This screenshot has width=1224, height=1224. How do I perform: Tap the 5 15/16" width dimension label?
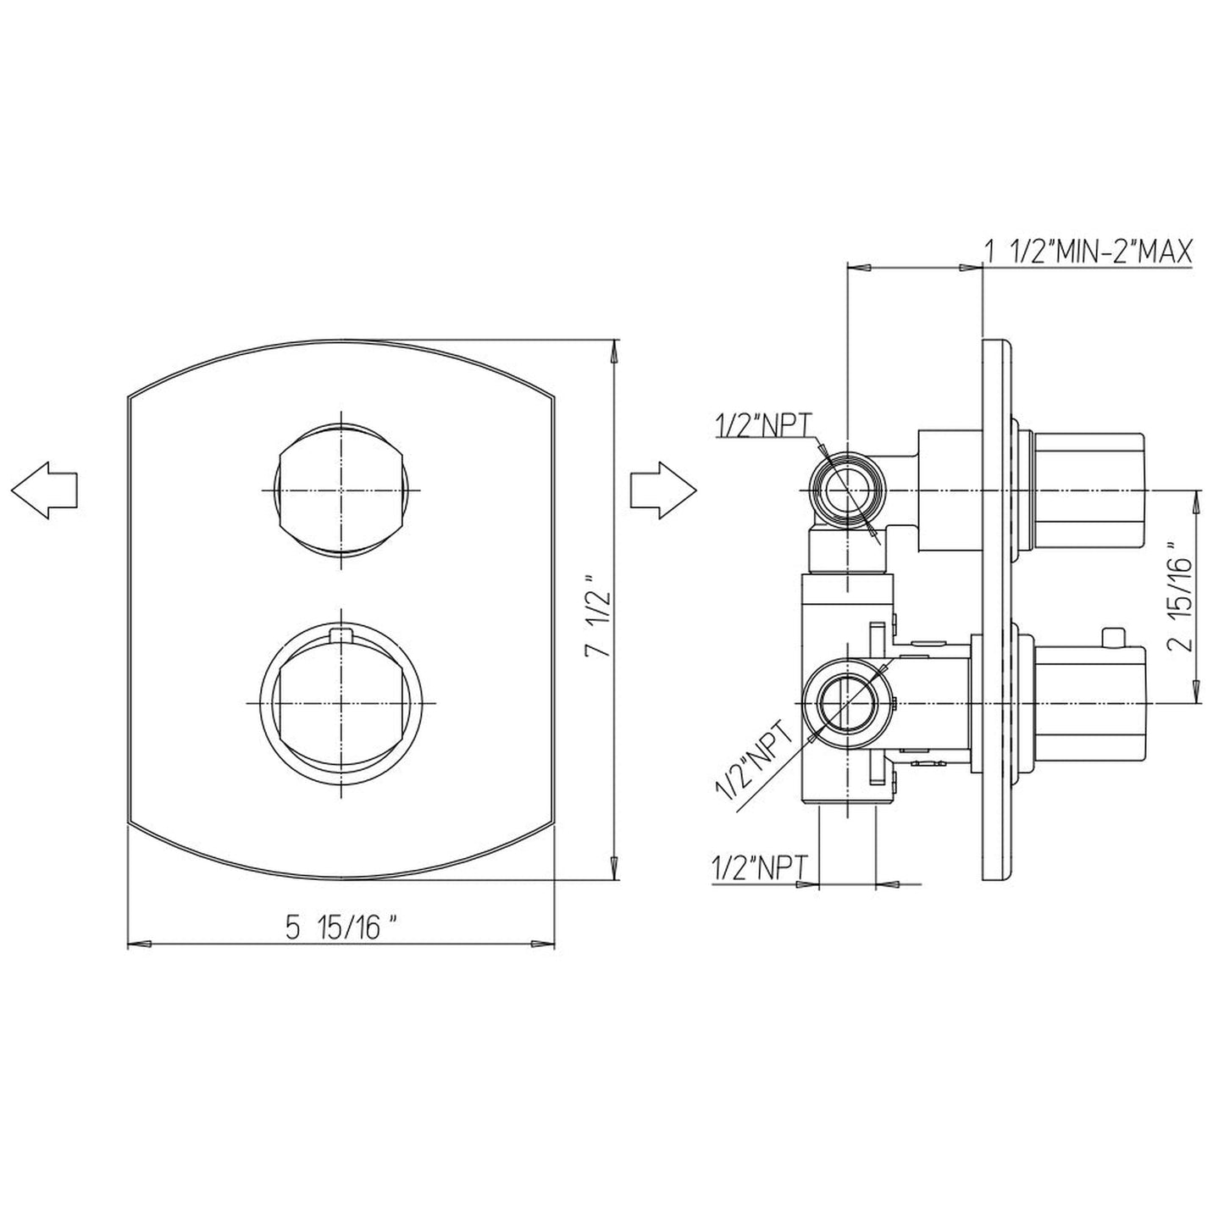pyautogui.click(x=341, y=928)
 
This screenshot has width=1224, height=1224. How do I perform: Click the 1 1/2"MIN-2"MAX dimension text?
pyautogui.click(x=1088, y=252)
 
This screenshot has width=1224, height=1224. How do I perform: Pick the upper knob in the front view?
pyautogui.click(x=341, y=490)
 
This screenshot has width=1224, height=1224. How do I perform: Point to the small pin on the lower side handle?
pyautogui.click(x=1115, y=635)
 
